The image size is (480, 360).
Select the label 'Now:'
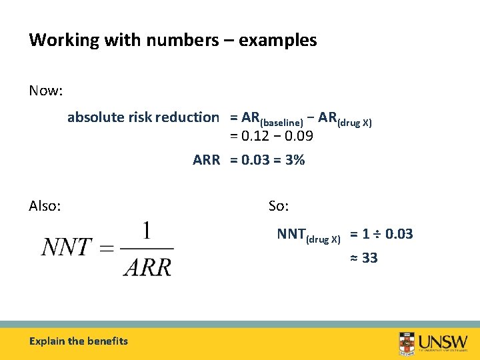[x=45, y=91]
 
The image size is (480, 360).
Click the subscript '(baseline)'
[x=282, y=122]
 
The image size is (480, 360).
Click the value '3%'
[x=294, y=160]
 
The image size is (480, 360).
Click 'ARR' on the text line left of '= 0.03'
[x=206, y=160]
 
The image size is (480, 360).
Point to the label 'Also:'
[x=45, y=206]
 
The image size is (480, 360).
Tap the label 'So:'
[x=279, y=206]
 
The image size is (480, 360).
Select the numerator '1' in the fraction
[x=147, y=232]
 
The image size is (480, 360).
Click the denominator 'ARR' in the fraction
[x=147, y=267]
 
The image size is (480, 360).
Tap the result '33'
[x=369, y=258]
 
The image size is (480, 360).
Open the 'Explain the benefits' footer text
[x=79, y=341]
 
